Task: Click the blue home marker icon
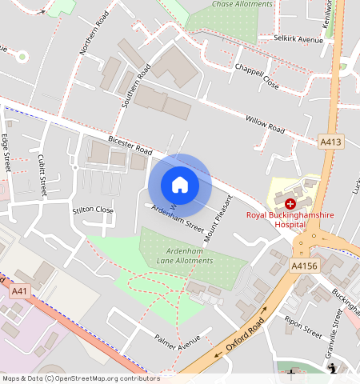[x=180, y=185]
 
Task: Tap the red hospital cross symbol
[x=290, y=205]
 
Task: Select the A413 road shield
[x=330, y=142]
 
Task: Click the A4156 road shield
[x=304, y=266]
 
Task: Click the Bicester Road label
[x=133, y=146]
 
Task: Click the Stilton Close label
[x=93, y=210]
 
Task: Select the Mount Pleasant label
[x=218, y=218]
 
